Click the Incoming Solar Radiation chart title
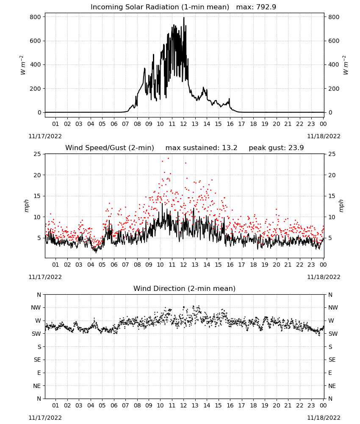pyautogui.click(x=183, y=7)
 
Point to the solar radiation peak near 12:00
pyautogui.click(x=184, y=18)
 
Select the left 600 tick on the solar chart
pyautogui.click(x=36, y=41)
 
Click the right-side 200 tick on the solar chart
pyautogui.click(x=334, y=89)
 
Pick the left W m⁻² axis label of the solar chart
pyautogui.click(x=23, y=65)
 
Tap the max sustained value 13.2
pyautogui.click(x=230, y=148)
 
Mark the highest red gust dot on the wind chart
pyautogui.click(x=168, y=159)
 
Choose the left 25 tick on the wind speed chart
pyautogui.click(x=37, y=154)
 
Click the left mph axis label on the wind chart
pyautogui.click(x=26, y=206)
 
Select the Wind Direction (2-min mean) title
pyautogui.click(x=185, y=288)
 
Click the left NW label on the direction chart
pyautogui.click(x=36, y=308)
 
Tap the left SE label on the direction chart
pyautogui.click(x=37, y=360)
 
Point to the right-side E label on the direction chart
pyautogui.click(x=330, y=373)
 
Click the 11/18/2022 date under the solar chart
pyautogui.click(x=324, y=136)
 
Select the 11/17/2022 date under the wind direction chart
pyautogui.click(x=45, y=418)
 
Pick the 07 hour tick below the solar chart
pyautogui.click(x=125, y=124)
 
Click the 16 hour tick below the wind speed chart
pyautogui.click(x=230, y=265)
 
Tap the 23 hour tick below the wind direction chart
pyautogui.click(x=311, y=405)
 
